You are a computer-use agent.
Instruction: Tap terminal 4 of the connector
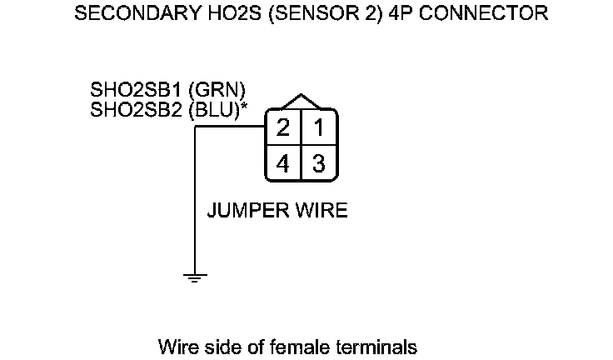pos(283,163)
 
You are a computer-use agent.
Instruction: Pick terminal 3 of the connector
pos(318,163)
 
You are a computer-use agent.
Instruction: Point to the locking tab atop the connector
pos(301,101)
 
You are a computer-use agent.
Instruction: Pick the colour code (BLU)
pos(214,108)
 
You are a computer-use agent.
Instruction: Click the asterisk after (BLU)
pos(244,106)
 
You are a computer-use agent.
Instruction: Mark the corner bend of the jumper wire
pos(195,128)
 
